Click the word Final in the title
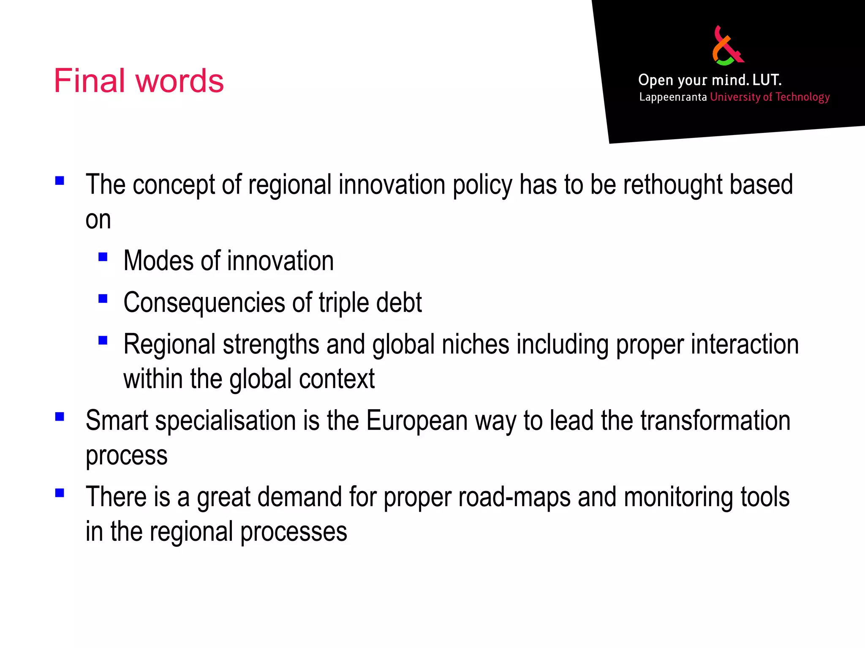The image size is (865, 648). coord(90,81)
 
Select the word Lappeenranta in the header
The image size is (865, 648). coord(673,97)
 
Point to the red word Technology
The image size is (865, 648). coord(802,97)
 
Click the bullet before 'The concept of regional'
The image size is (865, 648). coord(60,181)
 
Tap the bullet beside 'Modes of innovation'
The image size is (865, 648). coord(103,257)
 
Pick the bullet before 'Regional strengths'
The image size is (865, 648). coord(103,340)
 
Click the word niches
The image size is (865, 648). coord(476,344)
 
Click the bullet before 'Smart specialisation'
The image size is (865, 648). coord(60,417)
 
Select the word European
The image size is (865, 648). coord(417,421)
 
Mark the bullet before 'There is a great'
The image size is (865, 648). coord(60,493)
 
